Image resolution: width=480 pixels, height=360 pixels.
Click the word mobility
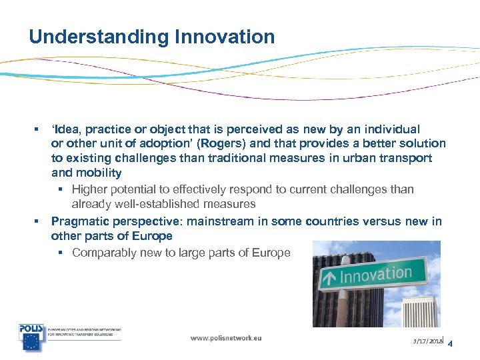pyautogui.click(x=98, y=173)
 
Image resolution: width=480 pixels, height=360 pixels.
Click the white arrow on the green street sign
pyautogui.click(x=329, y=278)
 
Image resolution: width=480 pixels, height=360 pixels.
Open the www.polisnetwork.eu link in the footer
pyautogui.click(x=226, y=338)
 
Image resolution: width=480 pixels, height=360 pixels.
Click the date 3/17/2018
pyautogui.click(x=427, y=341)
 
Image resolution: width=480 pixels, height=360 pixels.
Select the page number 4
pyautogui.click(x=451, y=344)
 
